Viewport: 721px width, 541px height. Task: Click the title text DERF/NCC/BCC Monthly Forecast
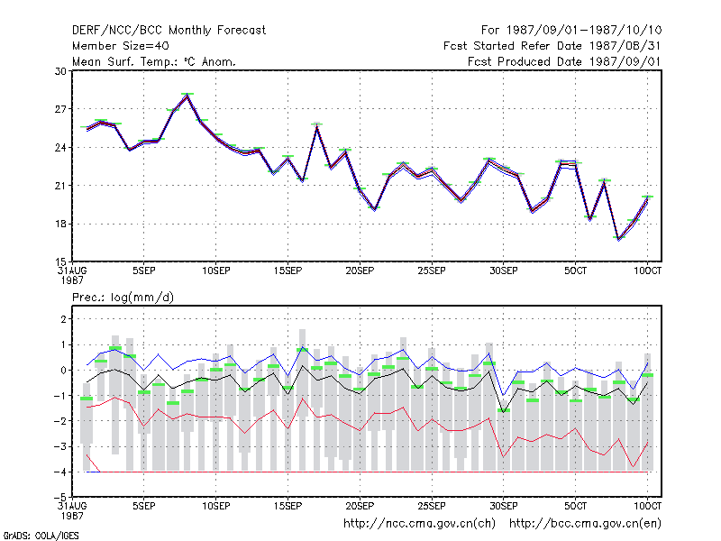(x=169, y=31)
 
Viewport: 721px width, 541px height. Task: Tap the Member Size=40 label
(x=121, y=46)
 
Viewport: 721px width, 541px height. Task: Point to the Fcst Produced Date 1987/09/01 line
(x=564, y=61)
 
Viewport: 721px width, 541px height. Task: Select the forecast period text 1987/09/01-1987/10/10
(x=584, y=31)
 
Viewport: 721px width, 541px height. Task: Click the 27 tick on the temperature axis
(x=60, y=109)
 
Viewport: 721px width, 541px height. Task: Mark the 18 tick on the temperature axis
(x=60, y=224)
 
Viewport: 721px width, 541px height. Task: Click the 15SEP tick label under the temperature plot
(x=287, y=271)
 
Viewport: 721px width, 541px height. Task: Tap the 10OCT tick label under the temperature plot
(x=647, y=271)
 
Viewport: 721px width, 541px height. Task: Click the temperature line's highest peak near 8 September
(x=187, y=96)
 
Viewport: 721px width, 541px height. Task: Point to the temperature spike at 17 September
(x=317, y=125)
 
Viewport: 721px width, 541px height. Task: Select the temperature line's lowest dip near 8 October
(x=619, y=239)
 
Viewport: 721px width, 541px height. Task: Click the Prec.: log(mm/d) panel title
(x=123, y=298)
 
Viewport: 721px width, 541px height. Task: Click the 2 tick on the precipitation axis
(x=63, y=319)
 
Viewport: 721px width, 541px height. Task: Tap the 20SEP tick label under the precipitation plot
(x=360, y=506)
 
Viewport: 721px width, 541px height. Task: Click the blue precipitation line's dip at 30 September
(x=504, y=395)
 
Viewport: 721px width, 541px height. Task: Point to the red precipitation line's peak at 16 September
(x=302, y=399)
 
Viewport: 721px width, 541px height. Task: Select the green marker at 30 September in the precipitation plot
(x=504, y=410)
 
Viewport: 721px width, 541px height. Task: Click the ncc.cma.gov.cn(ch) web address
(x=419, y=524)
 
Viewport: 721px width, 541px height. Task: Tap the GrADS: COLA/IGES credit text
(x=41, y=536)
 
